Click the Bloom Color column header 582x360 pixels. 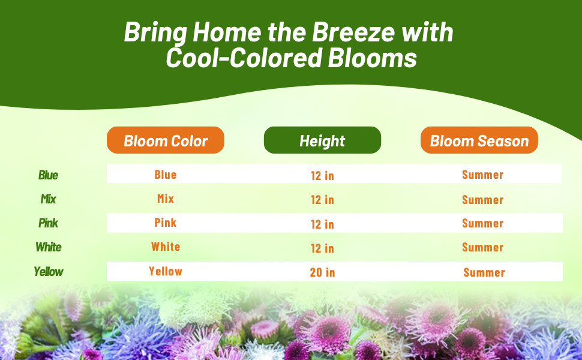click(166, 140)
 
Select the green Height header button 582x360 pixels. click(322, 140)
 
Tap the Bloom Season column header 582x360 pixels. click(479, 140)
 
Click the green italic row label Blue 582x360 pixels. click(48, 175)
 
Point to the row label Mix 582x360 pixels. click(48, 199)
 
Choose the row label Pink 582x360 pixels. click(48, 223)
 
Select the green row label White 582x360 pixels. click(48, 247)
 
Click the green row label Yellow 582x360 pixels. click(48, 272)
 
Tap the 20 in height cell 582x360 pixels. click(323, 272)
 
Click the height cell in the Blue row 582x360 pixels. click(323, 176)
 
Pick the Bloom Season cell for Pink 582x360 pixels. click(482, 223)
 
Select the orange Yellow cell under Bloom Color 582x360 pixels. click(166, 271)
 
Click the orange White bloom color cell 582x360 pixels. click(166, 247)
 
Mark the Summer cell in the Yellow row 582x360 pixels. click(484, 272)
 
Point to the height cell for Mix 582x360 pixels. click(323, 200)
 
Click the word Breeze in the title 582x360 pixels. click(353, 32)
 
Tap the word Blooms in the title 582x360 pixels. click(372, 58)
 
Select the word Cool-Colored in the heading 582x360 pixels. click(244, 58)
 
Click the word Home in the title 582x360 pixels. click(227, 32)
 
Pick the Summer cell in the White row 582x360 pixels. click(482, 247)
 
